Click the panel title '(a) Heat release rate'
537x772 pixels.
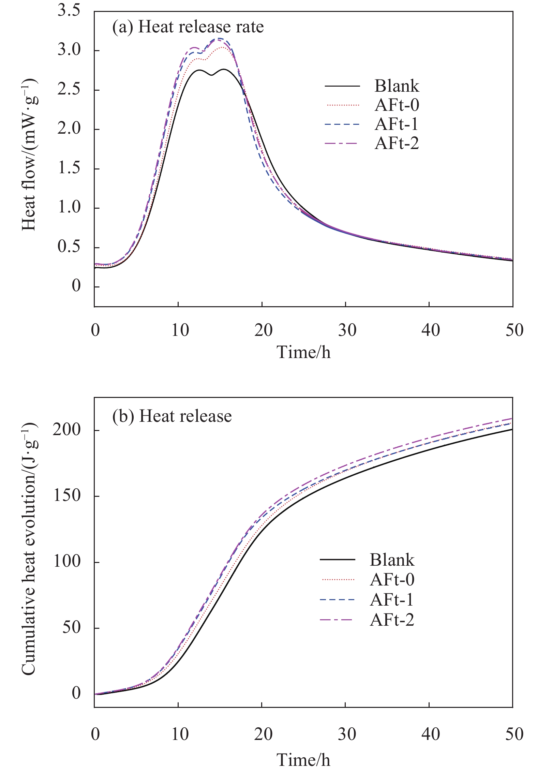coord(188,27)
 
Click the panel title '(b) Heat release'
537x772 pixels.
coord(172,416)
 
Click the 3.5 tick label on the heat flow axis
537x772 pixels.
coord(69,11)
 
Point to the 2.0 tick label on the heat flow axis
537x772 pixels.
coord(69,129)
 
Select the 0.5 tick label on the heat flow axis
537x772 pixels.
coord(69,247)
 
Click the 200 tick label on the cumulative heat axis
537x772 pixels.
coord(67,430)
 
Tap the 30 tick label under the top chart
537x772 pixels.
coord(347,330)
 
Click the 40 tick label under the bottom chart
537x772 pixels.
coord(431,734)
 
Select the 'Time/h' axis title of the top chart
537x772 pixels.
coord(303,352)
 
